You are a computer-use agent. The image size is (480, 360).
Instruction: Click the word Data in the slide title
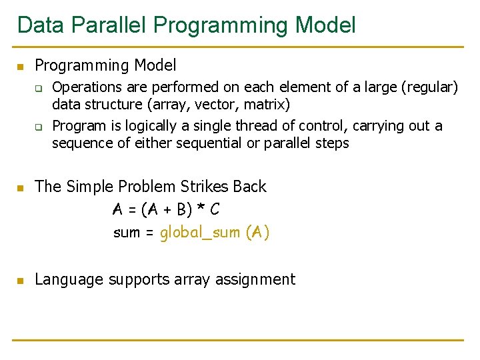pos(41,25)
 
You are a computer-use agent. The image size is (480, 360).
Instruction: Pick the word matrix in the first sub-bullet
pos(264,104)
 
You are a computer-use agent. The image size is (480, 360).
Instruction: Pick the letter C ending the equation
pos(214,209)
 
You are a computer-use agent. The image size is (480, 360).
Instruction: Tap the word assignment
pos(255,279)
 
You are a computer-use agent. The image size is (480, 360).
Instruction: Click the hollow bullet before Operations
pos(39,87)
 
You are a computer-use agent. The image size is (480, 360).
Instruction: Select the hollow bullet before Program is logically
pos(39,127)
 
